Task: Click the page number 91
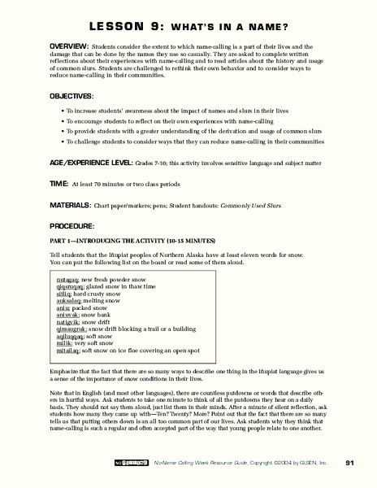coord(348,464)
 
